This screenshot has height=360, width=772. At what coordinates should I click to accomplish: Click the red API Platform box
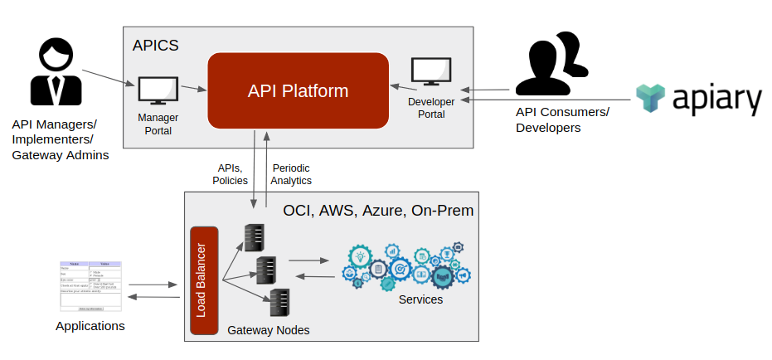298,90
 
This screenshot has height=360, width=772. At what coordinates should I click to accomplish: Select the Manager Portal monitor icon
158,90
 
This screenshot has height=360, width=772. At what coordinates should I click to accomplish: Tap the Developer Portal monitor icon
431,73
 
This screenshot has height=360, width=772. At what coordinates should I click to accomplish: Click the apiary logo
697,99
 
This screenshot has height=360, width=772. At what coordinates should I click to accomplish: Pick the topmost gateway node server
254,237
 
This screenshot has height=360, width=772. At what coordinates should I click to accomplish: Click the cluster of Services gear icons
406,265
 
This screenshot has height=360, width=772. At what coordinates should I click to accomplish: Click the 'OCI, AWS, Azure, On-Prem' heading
378,211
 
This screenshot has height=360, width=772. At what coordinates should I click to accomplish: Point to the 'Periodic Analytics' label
292,173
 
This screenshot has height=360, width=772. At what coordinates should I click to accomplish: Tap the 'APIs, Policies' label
230,173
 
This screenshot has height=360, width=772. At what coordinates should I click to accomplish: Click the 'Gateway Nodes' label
269,330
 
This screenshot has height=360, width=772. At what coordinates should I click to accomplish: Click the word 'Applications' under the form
90,326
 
